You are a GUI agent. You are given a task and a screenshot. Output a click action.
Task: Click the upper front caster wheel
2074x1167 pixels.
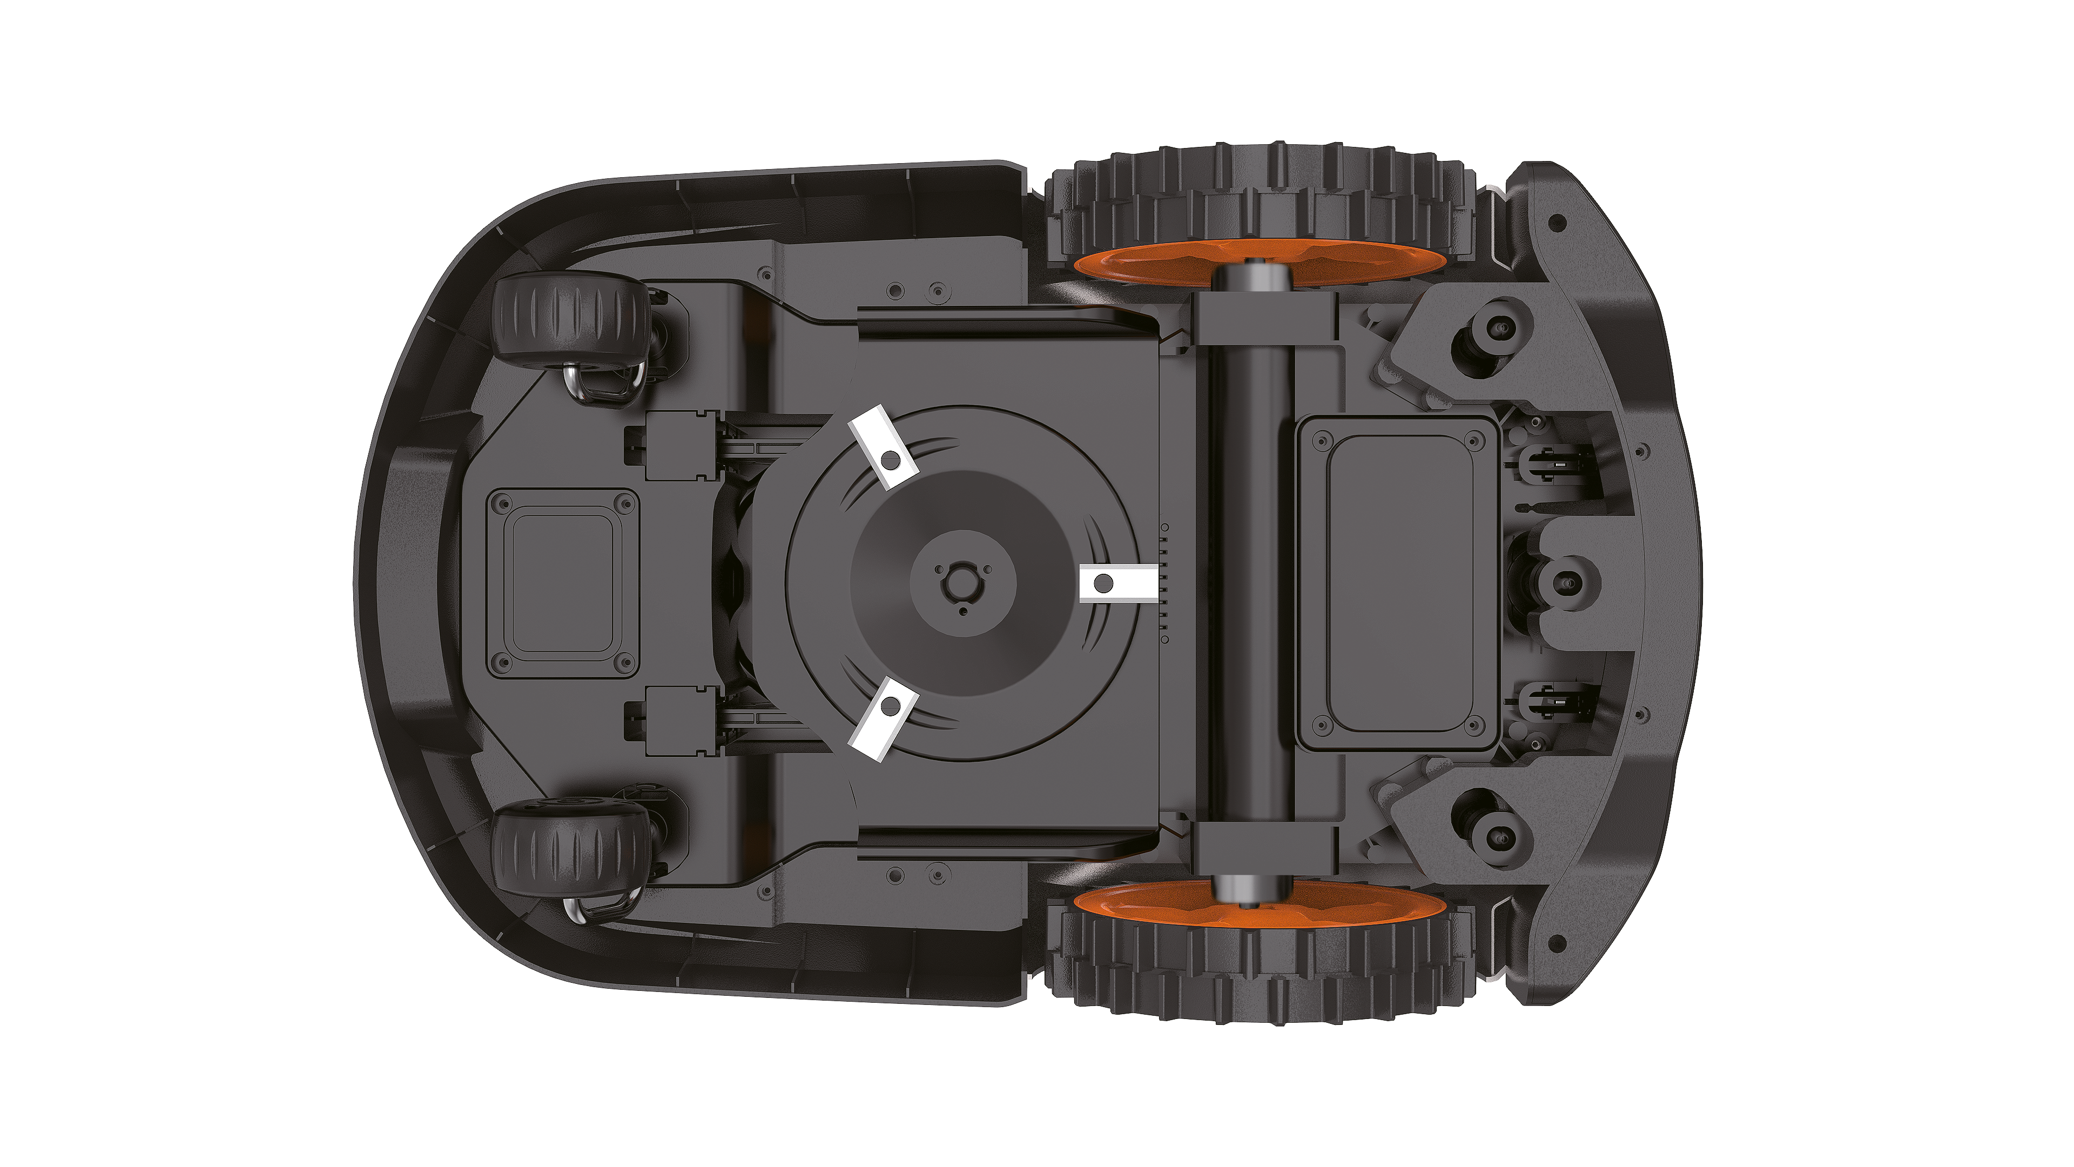(x=570, y=320)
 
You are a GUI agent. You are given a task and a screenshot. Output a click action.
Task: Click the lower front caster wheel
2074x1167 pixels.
(x=570, y=849)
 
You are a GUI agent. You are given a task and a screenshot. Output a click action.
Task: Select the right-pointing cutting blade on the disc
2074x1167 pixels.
(x=1117, y=583)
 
